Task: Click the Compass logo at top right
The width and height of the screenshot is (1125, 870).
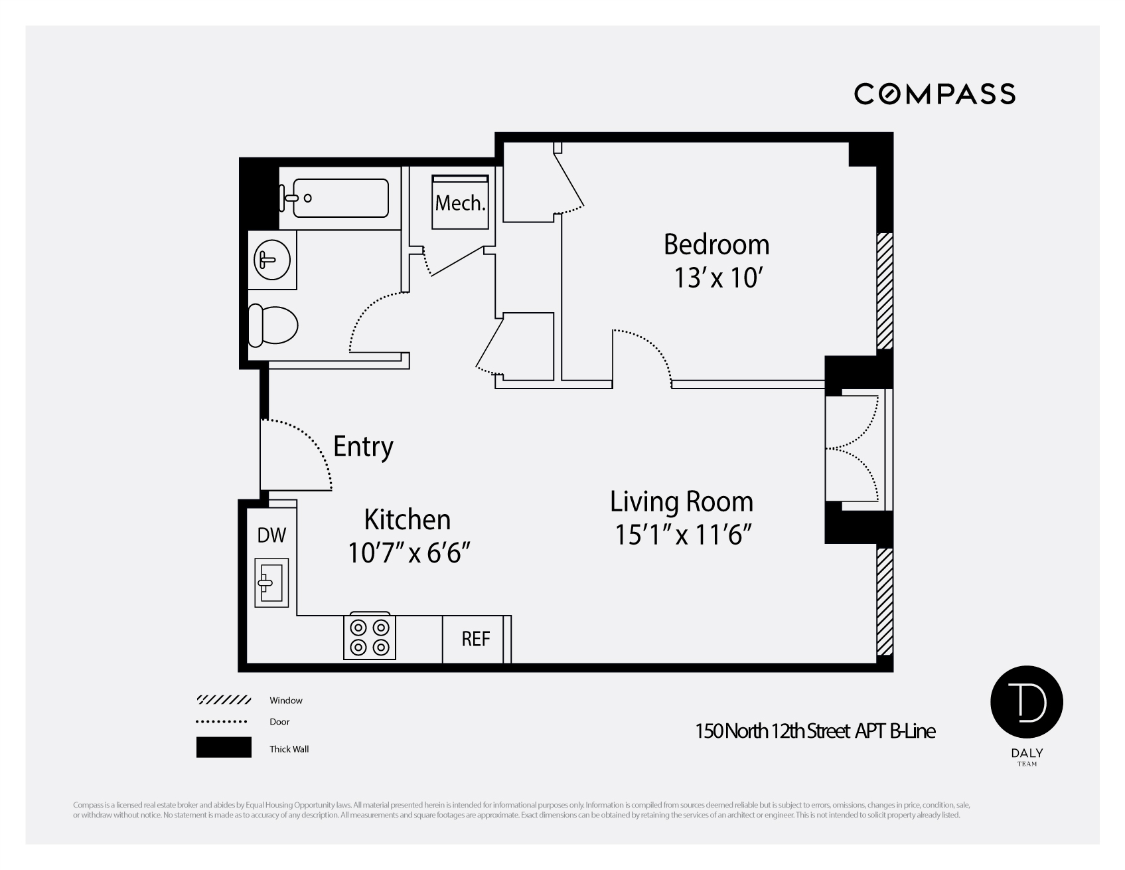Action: (934, 94)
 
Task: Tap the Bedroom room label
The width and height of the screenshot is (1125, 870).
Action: (716, 244)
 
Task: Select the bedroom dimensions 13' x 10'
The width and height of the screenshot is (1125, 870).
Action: (716, 278)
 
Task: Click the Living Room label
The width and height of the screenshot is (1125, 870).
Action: (682, 501)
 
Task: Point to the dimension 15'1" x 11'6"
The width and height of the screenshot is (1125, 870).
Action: (684, 535)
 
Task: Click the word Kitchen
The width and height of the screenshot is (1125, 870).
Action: (407, 519)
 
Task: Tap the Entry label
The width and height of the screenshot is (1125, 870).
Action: (363, 446)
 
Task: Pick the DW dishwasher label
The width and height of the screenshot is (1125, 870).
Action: (271, 535)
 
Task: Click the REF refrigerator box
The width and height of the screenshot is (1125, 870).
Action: (476, 639)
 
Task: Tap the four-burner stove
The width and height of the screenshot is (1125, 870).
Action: (370, 637)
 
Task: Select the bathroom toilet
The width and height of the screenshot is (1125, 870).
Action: (273, 326)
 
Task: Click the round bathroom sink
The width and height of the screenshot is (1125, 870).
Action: (272, 259)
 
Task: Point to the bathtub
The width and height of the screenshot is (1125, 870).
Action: (340, 197)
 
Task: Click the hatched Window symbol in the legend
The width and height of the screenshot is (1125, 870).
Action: (224, 700)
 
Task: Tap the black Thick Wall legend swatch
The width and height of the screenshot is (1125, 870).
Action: (224, 747)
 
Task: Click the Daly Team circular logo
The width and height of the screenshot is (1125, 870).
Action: (1026, 703)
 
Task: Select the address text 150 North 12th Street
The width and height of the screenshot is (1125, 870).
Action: (773, 731)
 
